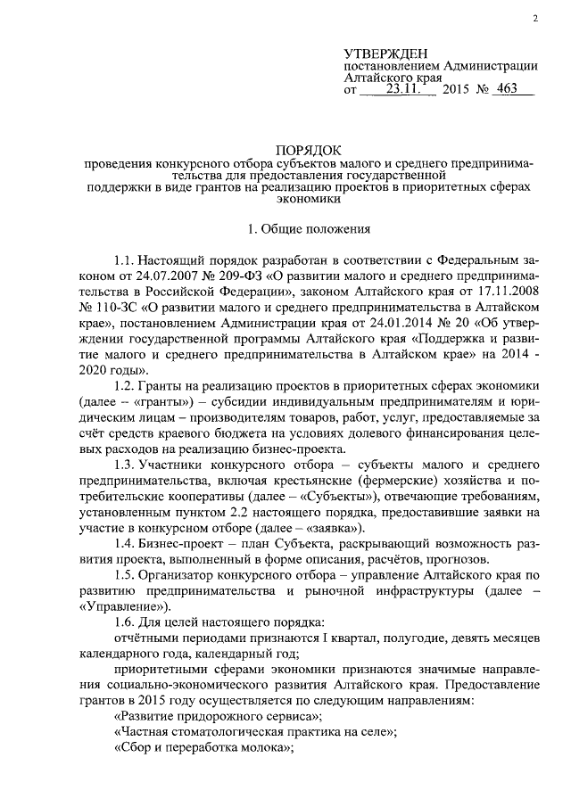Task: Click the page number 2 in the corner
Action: (x=533, y=19)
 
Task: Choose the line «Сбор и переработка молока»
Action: (x=205, y=749)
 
